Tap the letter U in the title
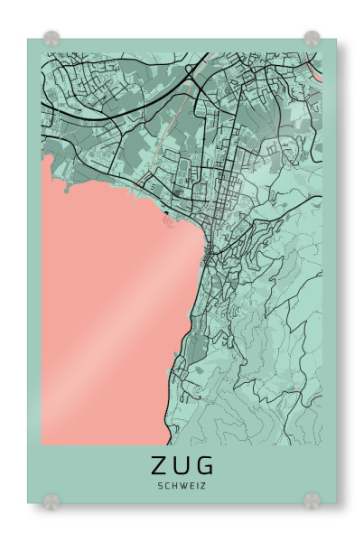[x=182, y=466]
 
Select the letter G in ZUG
[x=206, y=466]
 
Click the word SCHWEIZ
[x=182, y=486]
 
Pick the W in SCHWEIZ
[x=182, y=486]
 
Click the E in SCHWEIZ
[x=190, y=486]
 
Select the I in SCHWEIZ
[x=196, y=486]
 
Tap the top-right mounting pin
[x=312, y=39]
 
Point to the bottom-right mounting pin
[x=312, y=500]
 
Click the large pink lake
[x=108, y=307]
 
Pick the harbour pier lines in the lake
[x=168, y=217]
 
